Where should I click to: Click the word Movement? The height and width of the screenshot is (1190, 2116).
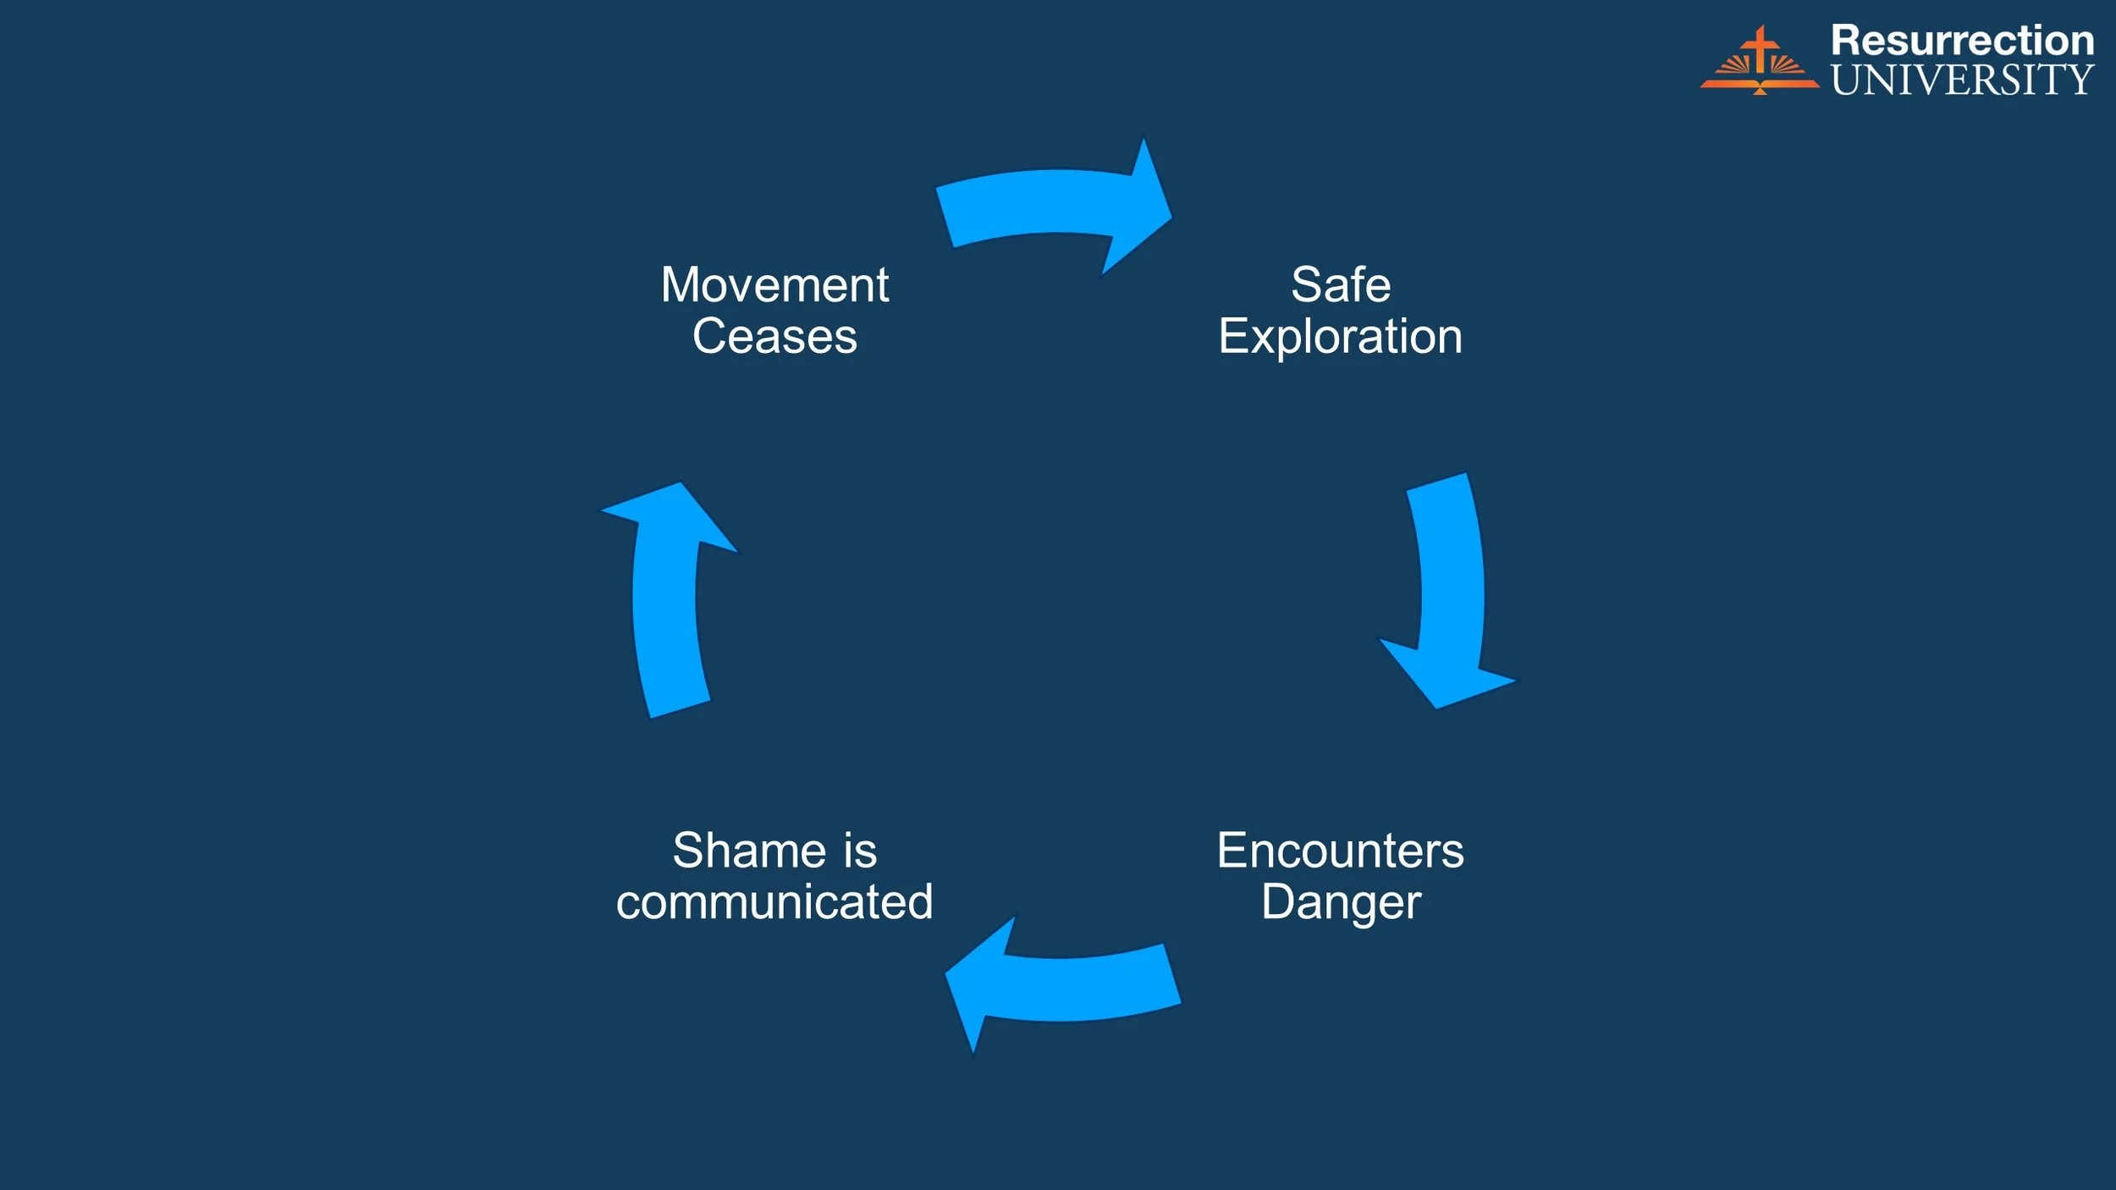(x=774, y=285)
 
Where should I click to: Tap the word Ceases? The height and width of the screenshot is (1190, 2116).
(x=774, y=337)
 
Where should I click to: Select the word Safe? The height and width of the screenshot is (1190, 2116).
(x=1341, y=285)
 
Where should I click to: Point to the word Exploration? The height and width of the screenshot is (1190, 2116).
(x=1341, y=337)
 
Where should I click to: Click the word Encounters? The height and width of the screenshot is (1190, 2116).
(x=1341, y=851)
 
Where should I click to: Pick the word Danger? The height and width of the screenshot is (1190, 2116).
(x=1341, y=902)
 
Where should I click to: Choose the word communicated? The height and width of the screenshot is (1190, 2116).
(x=774, y=902)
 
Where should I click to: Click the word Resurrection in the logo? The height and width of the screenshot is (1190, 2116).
(x=1962, y=41)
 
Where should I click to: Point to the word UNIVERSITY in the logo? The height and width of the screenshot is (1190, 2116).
(x=1962, y=80)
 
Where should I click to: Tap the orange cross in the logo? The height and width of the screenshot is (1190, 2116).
(x=1761, y=48)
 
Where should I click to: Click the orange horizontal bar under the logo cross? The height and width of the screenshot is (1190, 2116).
(x=1759, y=84)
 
